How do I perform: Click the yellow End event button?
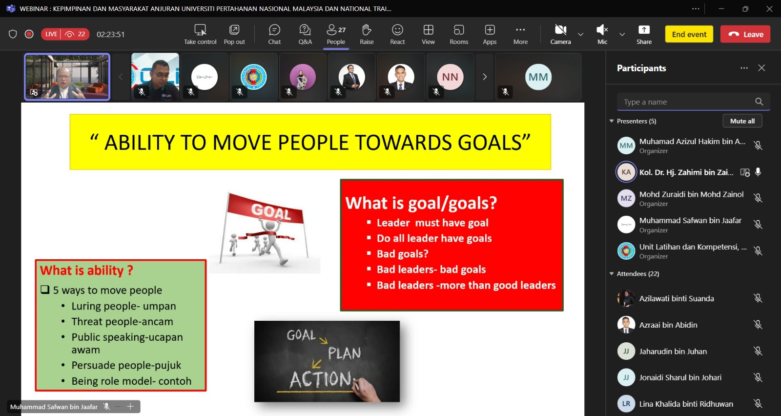tap(689, 34)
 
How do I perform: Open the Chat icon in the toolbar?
tap(274, 30)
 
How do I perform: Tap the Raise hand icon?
tap(367, 30)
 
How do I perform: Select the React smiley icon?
tap(397, 30)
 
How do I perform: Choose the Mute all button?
tap(742, 121)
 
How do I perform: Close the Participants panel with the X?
tap(761, 68)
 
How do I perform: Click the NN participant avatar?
tap(450, 77)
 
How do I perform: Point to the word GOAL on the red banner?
tap(271, 211)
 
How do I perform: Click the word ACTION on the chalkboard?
tap(320, 379)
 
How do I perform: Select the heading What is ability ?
tap(86, 270)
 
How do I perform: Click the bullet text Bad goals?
tap(402, 253)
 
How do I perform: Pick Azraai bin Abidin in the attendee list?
tap(668, 325)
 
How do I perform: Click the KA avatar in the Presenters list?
tap(626, 172)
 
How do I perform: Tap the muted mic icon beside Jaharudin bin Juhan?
tap(758, 351)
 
